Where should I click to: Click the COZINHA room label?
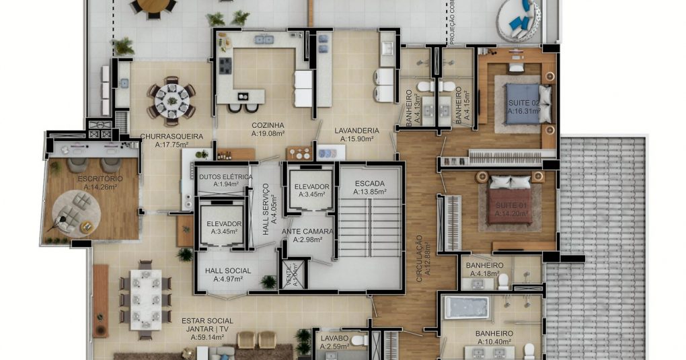pos(268,125)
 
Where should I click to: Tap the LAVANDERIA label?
pos(359,131)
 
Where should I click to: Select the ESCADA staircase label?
pos(369,183)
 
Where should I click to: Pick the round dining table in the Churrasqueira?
pos(171,101)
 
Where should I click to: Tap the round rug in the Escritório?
pos(76,211)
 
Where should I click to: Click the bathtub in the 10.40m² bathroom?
pos(466,308)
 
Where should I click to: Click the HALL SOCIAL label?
pos(228,271)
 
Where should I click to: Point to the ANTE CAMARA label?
pos(307,232)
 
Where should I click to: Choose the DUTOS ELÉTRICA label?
pos(226,177)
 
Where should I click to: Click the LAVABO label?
pos(334,338)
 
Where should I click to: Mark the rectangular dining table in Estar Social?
pos(145,299)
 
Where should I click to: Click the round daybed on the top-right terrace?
pos(520,20)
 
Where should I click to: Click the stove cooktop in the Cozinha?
pos(225,66)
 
